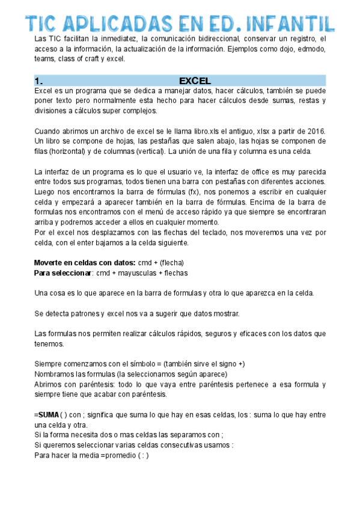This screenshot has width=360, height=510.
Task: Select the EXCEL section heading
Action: (195, 81)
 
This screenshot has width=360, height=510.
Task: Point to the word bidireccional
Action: (218, 39)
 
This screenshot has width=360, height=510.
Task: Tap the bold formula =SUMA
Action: (47, 415)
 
